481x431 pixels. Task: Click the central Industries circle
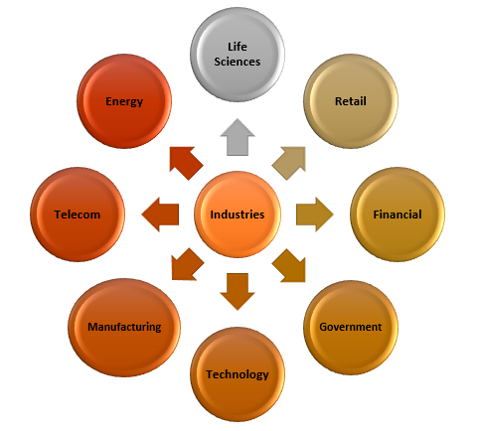tap(238, 215)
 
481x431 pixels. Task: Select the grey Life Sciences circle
tap(238, 55)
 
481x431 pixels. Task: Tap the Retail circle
tap(351, 101)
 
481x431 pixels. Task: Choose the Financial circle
tap(398, 215)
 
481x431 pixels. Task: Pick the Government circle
tap(351, 328)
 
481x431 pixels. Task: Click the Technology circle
tap(238, 374)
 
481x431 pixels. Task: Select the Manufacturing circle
tap(124, 328)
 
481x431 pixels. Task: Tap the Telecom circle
tap(78, 215)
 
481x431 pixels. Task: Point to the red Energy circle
tap(124, 101)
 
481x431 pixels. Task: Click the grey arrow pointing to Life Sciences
tap(238, 137)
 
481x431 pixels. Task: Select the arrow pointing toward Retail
tap(289, 163)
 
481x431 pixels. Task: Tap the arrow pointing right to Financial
tap(315, 215)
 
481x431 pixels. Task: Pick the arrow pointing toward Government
tap(289, 265)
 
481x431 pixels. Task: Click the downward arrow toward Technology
tap(238, 292)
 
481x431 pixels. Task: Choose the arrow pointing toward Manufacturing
tap(187, 264)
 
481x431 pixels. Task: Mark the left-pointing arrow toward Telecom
tap(160, 215)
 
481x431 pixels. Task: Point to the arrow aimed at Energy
tap(186, 163)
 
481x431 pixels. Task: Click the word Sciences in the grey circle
tap(238, 62)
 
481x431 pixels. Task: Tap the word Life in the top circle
tap(238, 47)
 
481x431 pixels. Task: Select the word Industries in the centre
tap(238, 215)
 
